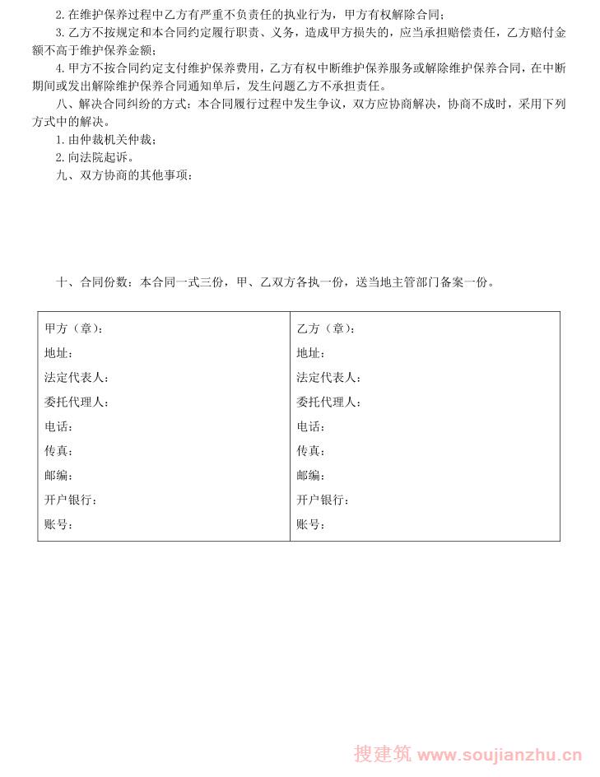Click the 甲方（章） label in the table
point(73,328)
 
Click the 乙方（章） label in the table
point(326,328)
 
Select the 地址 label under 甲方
point(58,353)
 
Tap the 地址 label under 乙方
point(310,353)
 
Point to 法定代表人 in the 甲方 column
point(76,378)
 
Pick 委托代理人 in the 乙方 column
point(328,402)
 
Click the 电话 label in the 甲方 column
point(58,426)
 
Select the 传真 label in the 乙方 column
point(310,451)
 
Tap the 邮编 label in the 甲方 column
point(58,476)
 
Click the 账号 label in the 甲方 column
point(58,524)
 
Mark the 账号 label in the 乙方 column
point(310,524)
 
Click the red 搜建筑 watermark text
point(383,754)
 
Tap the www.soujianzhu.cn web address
point(500,755)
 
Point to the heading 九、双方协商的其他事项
point(123,174)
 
